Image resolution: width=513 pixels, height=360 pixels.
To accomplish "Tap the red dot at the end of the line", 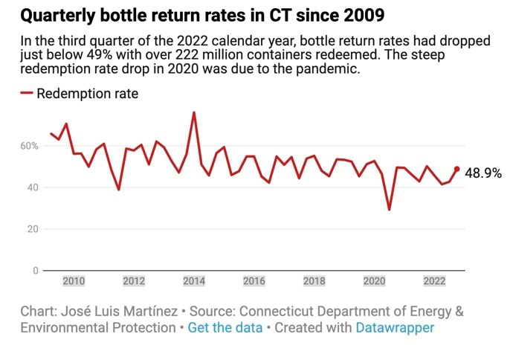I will pos(456,169).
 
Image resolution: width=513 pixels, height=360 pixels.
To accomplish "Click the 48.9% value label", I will pos(483,173).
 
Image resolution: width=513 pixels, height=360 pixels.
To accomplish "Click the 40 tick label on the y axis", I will pos(31,187).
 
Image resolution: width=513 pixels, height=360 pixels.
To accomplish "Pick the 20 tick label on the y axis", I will pos(31,229).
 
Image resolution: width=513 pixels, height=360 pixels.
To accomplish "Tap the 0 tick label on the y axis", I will pos(34,271).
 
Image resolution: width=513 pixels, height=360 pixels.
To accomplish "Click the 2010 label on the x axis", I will pos(73,281).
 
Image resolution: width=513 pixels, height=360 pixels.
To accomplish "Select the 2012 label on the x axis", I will pos(133,281).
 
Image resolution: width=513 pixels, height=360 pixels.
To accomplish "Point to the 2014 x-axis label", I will pos(193,281).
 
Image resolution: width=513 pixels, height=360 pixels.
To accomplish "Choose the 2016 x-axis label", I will pos(254,281).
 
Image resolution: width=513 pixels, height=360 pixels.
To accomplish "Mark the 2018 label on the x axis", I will pos(314,281).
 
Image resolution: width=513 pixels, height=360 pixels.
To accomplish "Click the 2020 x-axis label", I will pos(374,281).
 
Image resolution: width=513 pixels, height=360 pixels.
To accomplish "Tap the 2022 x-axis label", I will pos(434,281).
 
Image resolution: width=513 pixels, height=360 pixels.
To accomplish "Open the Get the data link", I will pos(225,327).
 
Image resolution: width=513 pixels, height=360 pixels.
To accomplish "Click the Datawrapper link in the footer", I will pos(395,327).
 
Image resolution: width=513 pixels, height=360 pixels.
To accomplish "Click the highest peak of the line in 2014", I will pos(194,113).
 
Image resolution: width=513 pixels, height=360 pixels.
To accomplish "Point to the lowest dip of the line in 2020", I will pos(389,209).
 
